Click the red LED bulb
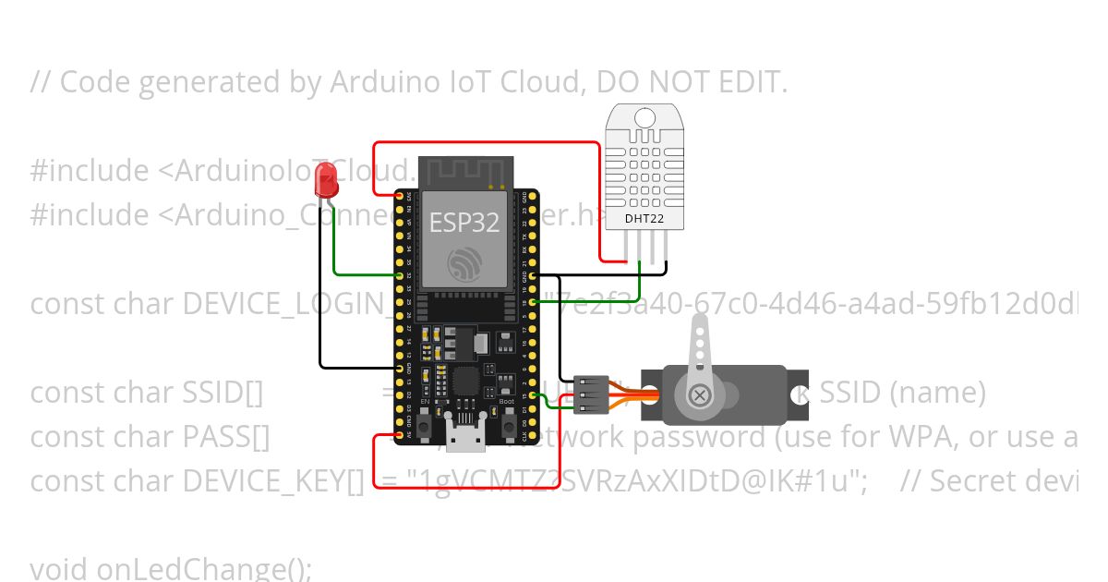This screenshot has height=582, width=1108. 326,179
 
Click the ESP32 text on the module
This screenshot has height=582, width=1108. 464,223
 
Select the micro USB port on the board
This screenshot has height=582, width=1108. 465,434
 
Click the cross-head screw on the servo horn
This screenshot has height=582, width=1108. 701,395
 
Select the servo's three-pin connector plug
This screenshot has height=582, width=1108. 591,394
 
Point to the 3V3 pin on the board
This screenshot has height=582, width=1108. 400,197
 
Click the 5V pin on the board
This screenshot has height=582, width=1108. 400,434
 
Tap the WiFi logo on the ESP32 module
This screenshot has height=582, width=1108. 464,263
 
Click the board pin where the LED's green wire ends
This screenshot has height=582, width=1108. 400,275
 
